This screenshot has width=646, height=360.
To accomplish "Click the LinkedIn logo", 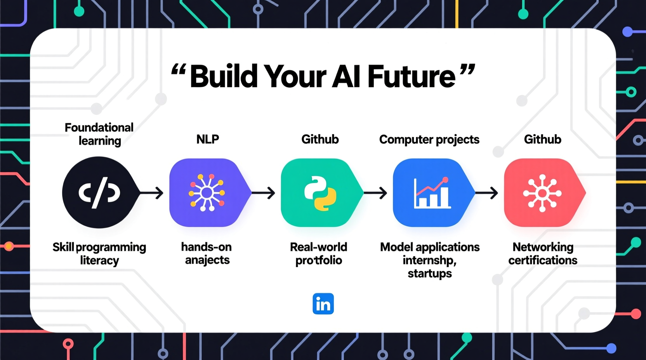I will [323, 304].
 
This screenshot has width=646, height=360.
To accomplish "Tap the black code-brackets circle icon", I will [99, 192].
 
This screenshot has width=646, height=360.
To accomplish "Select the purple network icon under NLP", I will [207, 192].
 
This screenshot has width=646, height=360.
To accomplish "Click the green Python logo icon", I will [320, 193].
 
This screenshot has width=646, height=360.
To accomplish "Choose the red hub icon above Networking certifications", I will [542, 193].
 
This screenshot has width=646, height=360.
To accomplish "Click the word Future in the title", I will [411, 76].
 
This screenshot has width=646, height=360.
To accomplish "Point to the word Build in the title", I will [224, 76].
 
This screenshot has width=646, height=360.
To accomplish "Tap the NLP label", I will [207, 139].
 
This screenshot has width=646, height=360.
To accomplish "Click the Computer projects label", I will [429, 140].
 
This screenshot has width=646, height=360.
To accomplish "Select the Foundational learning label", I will [99, 134].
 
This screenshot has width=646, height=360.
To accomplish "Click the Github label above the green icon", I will [320, 139].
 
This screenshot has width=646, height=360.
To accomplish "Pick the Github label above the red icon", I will [542, 139].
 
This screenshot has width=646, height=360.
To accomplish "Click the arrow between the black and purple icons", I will [152, 192].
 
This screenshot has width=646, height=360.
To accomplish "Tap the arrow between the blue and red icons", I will [486, 192].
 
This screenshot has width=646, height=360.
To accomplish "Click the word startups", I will [429, 273].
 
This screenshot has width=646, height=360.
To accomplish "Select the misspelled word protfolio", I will [318, 260].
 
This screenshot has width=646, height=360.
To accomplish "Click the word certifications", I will [542, 260].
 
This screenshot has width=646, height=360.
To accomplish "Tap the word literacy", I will [99, 260].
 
